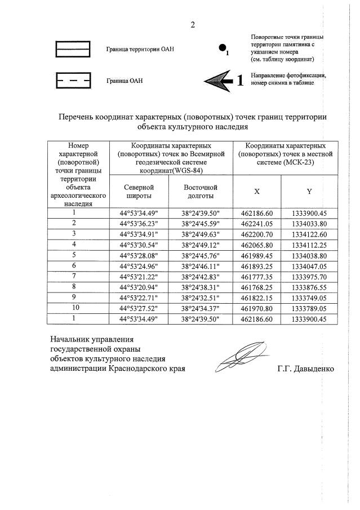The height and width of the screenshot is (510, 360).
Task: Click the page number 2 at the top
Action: click(x=193, y=25)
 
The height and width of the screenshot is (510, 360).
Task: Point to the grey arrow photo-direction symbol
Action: click(x=220, y=80)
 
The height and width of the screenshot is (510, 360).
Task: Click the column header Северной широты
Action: click(x=139, y=191)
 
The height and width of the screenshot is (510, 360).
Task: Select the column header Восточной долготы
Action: click(x=201, y=191)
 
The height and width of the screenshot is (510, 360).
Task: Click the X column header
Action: click(x=257, y=191)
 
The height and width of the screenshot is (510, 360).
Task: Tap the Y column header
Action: click(x=309, y=191)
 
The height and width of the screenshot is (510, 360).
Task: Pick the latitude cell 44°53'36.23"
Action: click(x=139, y=223)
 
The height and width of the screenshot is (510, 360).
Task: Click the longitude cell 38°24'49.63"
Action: click(x=201, y=233)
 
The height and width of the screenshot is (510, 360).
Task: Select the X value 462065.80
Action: click(x=257, y=244)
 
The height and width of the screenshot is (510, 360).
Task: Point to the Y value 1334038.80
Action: click(x=309, y=255)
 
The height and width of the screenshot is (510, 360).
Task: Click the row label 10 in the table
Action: click(x=74, y=308)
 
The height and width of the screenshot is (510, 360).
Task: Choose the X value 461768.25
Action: click(x=257, y=286)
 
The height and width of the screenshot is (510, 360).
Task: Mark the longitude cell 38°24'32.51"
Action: click(x=201, y=297)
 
